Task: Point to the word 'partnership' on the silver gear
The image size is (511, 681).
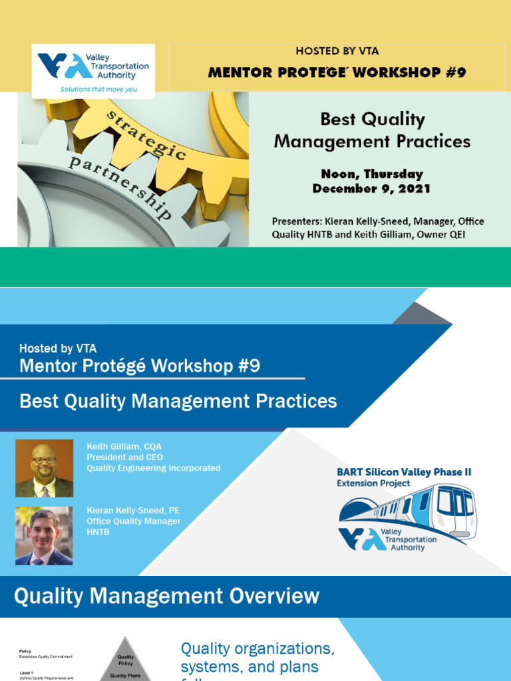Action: click(120, 187)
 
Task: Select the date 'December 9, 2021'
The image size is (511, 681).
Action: click(371, 188)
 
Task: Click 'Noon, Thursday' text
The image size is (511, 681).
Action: click(371, 174)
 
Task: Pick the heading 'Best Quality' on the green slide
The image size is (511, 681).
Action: click(372, 120)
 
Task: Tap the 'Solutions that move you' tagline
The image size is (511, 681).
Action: click(98, 88)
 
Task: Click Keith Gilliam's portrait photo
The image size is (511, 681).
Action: click(44, 468)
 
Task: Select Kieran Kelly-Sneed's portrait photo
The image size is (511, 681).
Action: click(44, 536)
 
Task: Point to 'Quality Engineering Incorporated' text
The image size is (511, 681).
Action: click(153, 468)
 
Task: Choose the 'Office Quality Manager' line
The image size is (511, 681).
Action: click(133, 521)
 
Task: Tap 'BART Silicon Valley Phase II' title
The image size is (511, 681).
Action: click(404, 472)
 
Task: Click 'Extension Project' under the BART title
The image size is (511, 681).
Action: click(373, 483)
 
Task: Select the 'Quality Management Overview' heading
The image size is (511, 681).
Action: click(166, 596)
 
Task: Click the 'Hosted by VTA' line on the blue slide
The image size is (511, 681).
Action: click(58, 348)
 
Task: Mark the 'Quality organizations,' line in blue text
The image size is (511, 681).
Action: click(257, 648)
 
